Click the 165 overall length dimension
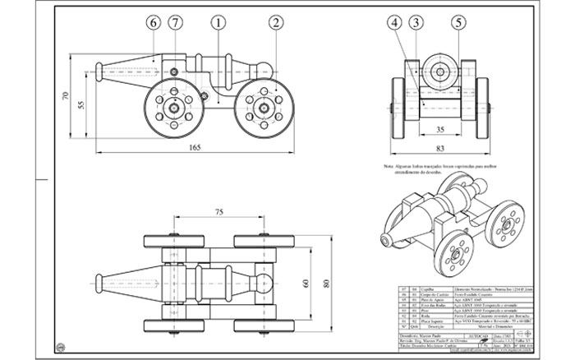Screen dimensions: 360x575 [x=195, y=147]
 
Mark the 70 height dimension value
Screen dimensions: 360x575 [x=65, y=96]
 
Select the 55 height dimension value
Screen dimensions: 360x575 [x=80, y=105]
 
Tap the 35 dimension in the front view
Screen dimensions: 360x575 [x=440, y=130]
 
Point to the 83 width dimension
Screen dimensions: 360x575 [x=441, y=147]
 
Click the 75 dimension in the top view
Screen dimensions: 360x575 [x=218, y=212]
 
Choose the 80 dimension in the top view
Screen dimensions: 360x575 [x=326, y=284]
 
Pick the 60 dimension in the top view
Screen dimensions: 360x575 [x=305, y=284]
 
